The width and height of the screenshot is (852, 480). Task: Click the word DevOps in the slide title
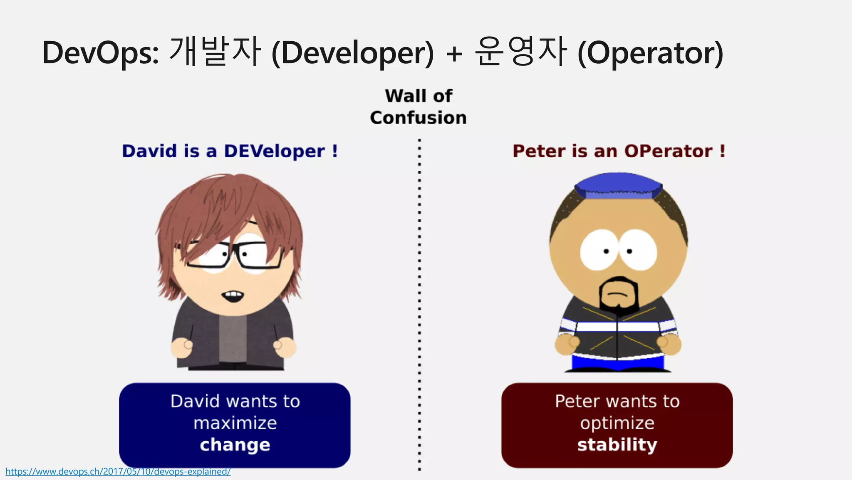(x=100, y=53)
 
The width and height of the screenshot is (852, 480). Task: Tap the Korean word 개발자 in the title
(x=215, y=52)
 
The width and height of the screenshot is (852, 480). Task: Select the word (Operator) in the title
(x=650, y=53)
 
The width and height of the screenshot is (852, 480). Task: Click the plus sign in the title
(x=454, y=54)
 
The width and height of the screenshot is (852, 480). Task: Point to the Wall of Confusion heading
(x=419, y=107)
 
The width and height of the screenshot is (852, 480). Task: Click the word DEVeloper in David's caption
(x=274, y=151)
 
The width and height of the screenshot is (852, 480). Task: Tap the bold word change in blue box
(x=235, y=445)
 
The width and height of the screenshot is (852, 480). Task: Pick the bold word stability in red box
(x=617, y=445)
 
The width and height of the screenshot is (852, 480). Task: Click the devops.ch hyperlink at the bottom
(x=118, y=472)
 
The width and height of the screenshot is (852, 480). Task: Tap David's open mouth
(x=233, y=296)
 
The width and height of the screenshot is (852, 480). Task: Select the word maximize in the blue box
(x=235, y=423)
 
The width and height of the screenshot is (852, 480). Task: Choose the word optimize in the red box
(x=617, y=423)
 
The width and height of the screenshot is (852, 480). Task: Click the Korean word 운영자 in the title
(x=520, y=52)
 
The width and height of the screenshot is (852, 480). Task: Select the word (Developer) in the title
(x=352, y=53)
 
